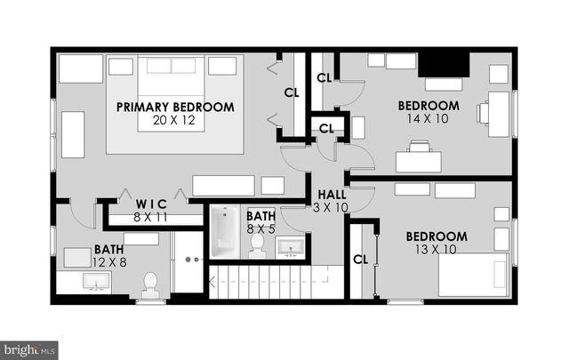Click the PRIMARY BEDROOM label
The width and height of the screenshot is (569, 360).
(175, 107)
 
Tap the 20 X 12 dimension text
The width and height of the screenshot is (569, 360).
(174, 120)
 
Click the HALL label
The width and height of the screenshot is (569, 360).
(332, 195)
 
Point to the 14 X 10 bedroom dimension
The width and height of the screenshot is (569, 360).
(428, 118)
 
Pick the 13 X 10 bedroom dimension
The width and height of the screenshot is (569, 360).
(437, 249)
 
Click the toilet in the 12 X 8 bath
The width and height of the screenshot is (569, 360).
(149, 283)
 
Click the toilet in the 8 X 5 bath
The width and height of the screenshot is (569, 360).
(258, 245)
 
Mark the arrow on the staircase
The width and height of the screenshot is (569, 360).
(213, 284)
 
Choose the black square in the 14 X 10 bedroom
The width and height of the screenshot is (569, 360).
(443, 65)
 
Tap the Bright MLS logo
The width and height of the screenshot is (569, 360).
(29, 349)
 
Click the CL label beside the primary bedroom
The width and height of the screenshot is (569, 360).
(291, 92)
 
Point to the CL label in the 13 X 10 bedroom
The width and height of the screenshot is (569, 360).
(360, 260)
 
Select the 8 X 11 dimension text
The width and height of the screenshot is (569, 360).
(150, 216)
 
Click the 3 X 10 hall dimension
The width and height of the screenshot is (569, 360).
(332, 207)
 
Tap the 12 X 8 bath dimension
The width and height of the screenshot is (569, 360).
(109, 262)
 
